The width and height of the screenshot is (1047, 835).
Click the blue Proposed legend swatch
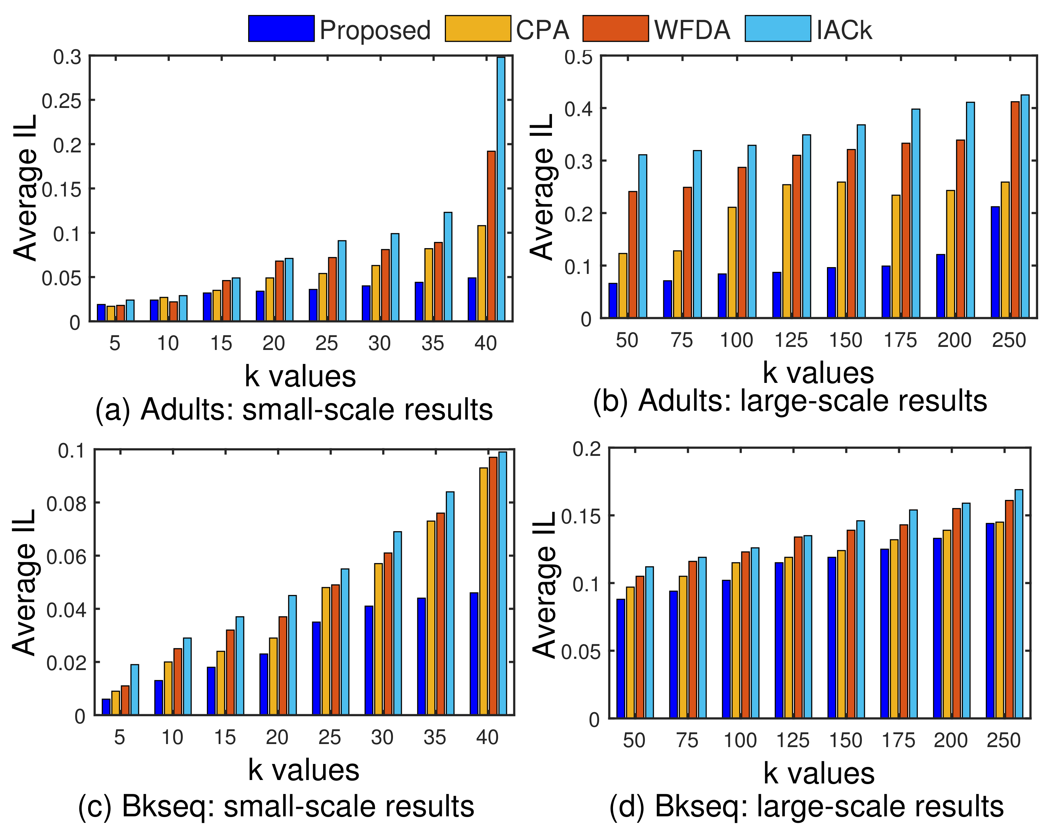click(281, 29)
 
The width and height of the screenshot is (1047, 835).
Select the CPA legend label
click(542, 30)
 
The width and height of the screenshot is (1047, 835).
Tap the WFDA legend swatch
click(615, 29)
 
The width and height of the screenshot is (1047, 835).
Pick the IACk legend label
click(844, 30)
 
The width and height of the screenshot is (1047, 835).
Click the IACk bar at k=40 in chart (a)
click(501, 189)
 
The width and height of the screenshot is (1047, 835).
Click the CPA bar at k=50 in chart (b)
click(623, 286)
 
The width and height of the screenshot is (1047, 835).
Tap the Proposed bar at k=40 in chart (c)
click(474, 654)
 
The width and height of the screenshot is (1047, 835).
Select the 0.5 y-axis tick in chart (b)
click(578, 57)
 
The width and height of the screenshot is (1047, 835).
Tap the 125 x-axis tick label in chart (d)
click(792, 741)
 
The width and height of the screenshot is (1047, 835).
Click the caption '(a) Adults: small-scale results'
click(294, 410)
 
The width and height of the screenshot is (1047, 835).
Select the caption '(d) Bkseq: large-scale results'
click(807, 806)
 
